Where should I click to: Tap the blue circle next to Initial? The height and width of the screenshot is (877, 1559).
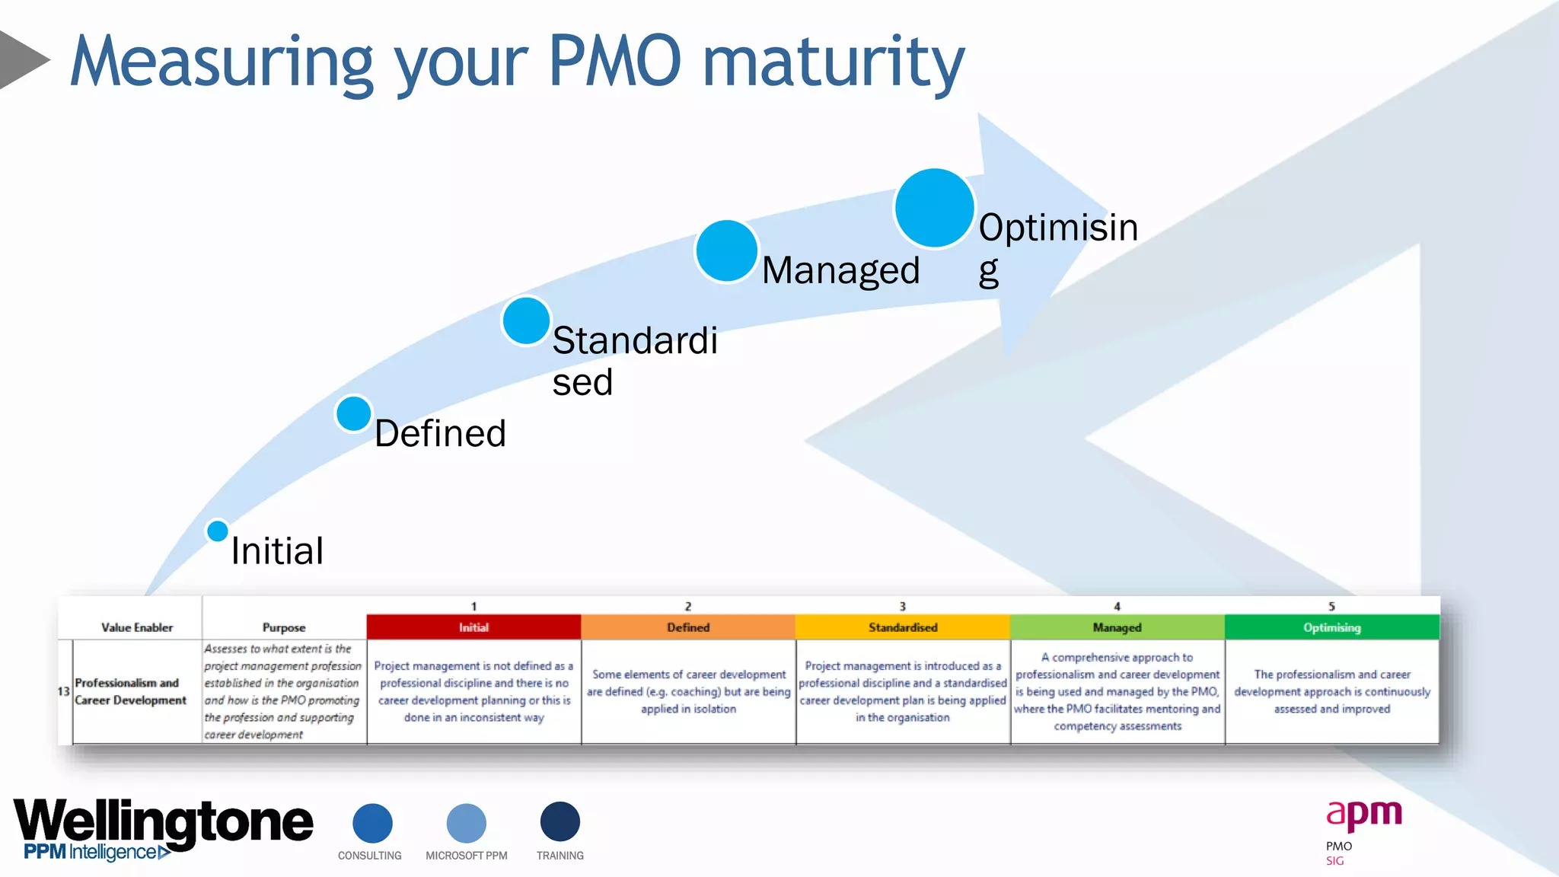pyautogui.click(x=218, y=531)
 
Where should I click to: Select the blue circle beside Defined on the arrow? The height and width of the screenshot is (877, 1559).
pyautogui.click(x=353, y=414)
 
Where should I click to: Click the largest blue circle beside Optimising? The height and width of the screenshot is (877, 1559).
pyautogui.click(x=934, y=208)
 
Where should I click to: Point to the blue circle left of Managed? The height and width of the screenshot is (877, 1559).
pyautogui.click(x=726, y=251)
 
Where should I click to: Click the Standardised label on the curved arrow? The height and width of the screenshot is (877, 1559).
pyautogui.click(x=634, y=361)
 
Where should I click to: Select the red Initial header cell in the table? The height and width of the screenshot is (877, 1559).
pyautogui.click(x=473, y=627)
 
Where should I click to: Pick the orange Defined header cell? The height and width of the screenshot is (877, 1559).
pyautogui.click(x=688, y=627)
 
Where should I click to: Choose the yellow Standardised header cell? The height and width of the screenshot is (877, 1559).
pyautogui.click(x=903, y=627)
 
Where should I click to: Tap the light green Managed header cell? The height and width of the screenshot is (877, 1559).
pyautogui.click(x=1117, y=627)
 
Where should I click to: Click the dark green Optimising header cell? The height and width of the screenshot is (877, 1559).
pyautogui.click(x=1331, y=627)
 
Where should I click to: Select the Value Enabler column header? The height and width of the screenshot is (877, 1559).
pyautogui.click(x=137, y=627)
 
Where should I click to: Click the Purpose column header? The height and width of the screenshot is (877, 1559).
pyautogui.click(x=284, y=627)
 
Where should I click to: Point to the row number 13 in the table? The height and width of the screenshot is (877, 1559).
pyautogui.click(x=64, y=691)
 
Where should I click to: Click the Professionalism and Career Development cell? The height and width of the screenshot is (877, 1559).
pyautogui.click(x=130, y=691)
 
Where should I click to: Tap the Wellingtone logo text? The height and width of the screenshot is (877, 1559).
pyautogui.click(x=163, y=822)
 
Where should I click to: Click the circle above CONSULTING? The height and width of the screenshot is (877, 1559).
pyautogui.click(x=372, y=823)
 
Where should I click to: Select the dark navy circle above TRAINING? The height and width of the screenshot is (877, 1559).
pyautogui.click(x=560, y=822)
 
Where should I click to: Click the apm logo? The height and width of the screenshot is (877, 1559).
pyautogui.click(x=1363, y=815)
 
